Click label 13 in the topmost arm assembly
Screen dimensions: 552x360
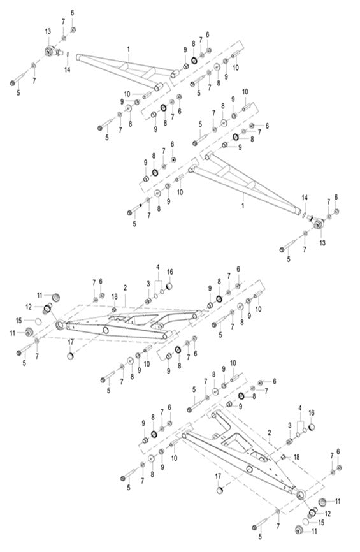pyautogui.click(x=48, y=31)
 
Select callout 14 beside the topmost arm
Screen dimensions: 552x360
pyautogui.click(x=67, y=69)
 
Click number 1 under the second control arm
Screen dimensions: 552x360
pyautogui.click(x=243, y=207)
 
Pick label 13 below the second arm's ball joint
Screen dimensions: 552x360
pyautogui.click(x=321, y=243)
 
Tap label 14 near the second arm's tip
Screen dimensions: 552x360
pyautogui.click(x=305, y=198)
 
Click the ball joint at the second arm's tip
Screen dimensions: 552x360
pyautogui.click(x=317, y=223)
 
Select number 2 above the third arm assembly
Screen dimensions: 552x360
pyautogui.click(x=126, y=289)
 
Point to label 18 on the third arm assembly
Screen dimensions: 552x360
pyautogui.click(x=114, y=296)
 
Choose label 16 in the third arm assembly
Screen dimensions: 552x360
pyautogui.click(x=170, y=271)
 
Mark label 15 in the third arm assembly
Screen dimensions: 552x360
pyautogui.click(x=37, y=319)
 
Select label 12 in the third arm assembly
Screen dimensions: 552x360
pyautogui.click(x=38, y=307)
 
